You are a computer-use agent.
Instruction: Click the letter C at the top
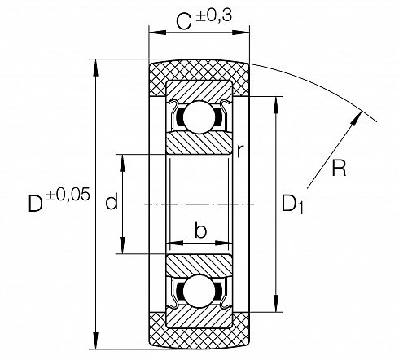184,22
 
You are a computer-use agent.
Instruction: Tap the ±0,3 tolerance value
216,16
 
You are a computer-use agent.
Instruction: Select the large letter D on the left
36,204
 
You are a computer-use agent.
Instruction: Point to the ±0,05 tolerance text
68,195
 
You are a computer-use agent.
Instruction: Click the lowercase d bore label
112,201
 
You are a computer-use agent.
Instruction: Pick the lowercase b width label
200,230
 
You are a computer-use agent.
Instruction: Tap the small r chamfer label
239,151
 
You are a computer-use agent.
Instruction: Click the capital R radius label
339,169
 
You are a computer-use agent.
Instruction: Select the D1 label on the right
292,204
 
